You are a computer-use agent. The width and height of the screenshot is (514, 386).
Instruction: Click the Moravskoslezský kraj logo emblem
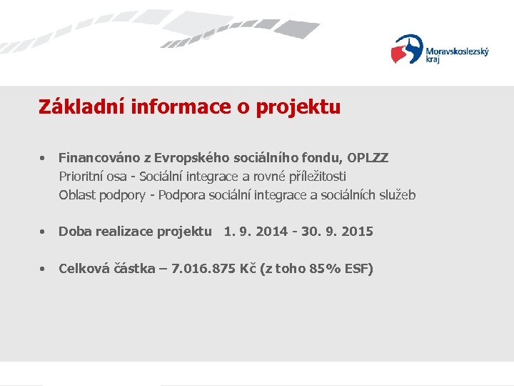pyautogui.click(x=407, y=50)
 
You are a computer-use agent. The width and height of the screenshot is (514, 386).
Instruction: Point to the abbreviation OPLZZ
pyautogui.click(x=368, y=157)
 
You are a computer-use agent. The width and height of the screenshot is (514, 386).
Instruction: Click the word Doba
pyautogui.click(x=74, y=232)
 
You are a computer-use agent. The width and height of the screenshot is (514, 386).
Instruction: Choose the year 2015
pyautogui.click(x=356, y=232)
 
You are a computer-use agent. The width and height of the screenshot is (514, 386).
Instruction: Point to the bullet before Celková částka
pyautogui.click(x=44, y=269)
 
